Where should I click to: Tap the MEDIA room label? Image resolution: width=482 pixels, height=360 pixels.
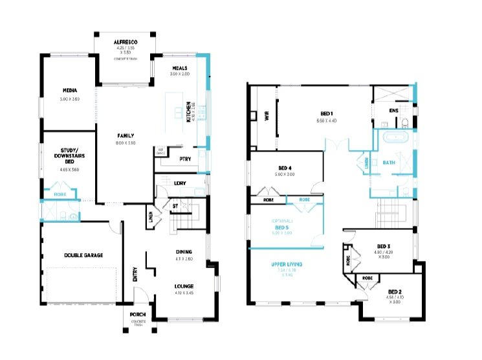71,91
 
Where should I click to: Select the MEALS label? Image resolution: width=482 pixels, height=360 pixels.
181,67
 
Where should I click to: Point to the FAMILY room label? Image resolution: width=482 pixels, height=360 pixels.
126,135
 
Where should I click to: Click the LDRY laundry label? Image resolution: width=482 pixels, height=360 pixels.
180,183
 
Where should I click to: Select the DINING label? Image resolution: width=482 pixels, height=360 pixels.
185,252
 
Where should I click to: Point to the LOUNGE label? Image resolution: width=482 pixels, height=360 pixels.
185,286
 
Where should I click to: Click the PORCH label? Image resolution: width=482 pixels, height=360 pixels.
138,315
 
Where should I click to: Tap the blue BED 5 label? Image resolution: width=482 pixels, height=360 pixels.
281,227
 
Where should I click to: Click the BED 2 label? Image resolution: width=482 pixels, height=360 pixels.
395,292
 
